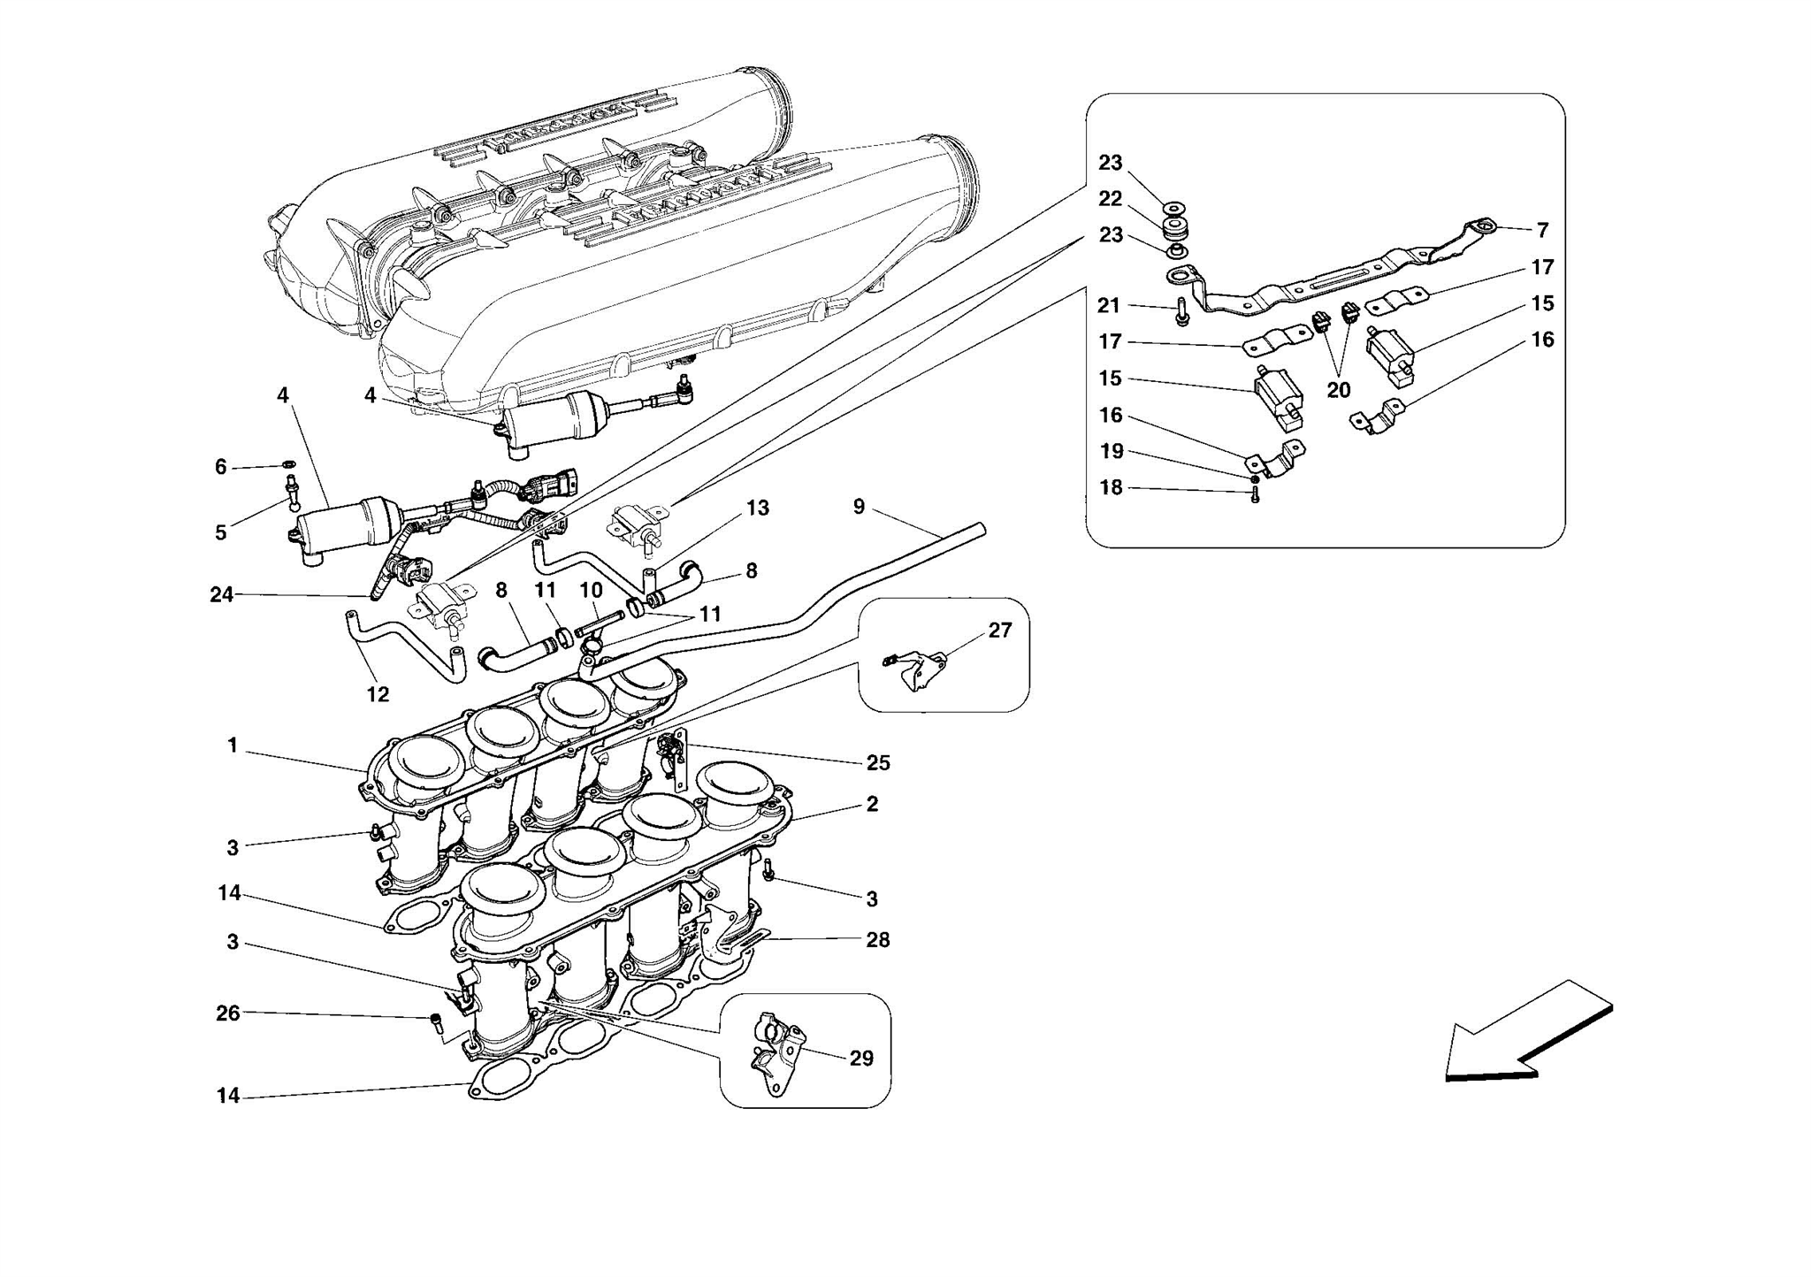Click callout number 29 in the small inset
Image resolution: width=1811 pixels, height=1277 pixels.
pos(860,1059)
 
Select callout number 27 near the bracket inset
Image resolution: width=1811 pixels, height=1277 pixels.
pos(999,631)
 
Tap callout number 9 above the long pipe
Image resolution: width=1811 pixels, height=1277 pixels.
pos(859,508)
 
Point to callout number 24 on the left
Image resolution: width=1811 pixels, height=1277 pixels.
pos(221,595)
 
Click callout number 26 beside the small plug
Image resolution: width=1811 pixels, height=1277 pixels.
pos(228,1013)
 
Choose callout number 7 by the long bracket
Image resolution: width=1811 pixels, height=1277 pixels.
pos(1542,231)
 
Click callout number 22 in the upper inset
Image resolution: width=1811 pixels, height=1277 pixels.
pos(1111,199)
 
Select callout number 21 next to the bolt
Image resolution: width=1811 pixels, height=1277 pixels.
pos(1109,306)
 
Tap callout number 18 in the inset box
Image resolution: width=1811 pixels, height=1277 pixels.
pos(1111,488)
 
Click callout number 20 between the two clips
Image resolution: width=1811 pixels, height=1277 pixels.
pos(1338,390)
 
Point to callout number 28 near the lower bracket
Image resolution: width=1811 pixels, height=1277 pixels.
pos(877,940)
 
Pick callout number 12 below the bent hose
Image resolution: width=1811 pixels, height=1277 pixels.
pos(378,695)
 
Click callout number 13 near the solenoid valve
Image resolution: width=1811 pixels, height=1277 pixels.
pos(757,509)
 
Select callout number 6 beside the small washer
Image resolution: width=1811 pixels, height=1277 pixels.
pos(221,467)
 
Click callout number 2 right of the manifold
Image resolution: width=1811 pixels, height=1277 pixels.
pos(872,805)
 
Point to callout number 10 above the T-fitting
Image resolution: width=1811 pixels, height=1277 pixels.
pos(591,590)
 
